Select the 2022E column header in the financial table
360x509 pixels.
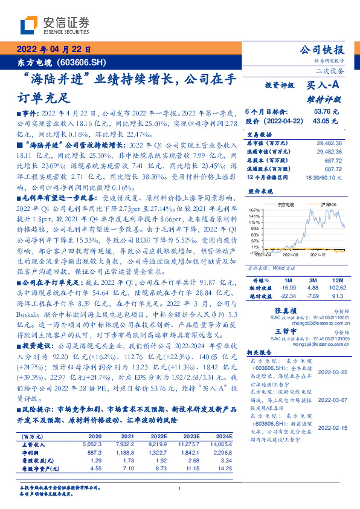[x=158, y=436]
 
